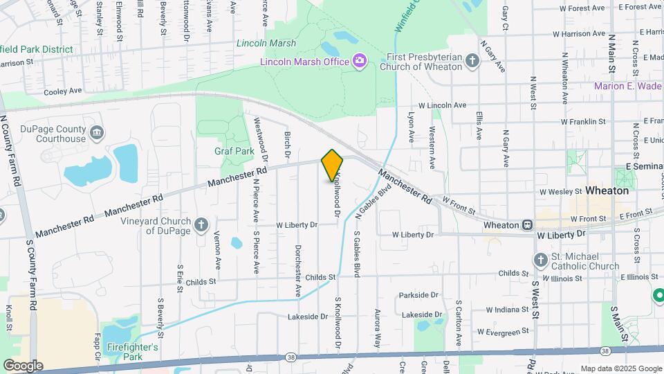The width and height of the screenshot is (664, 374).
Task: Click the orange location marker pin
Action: click(333, 165)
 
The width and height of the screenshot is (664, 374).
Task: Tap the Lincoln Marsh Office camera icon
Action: click(359, 61)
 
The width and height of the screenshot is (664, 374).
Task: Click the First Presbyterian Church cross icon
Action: click(473, 62)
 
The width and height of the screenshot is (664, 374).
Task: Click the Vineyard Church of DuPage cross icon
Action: click(201, 224)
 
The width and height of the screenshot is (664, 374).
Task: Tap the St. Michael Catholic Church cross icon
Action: click(542, 260)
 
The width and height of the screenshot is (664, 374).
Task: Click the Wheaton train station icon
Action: click(527, 225)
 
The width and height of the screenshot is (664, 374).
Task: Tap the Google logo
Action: click(23, 366)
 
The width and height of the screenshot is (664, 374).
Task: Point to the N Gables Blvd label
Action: click(368, 205)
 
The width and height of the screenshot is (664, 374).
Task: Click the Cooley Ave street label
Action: click(63, 91)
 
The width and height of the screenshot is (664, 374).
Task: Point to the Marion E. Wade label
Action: click(629, 86)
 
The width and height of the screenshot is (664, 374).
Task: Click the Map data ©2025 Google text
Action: click(620, 368)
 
